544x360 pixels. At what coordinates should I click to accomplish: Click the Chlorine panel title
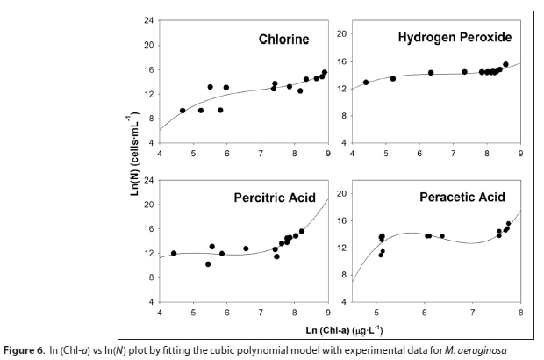pyautogui.click(x=283, y=39)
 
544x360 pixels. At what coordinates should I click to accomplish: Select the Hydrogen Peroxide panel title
pyautogui.click(x=455, y=37)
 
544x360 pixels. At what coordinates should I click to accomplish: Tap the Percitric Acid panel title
pyautogui.click(x=273, y=198)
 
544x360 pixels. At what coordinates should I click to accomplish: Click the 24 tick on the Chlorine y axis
pyautogui.click(x=149, y=20)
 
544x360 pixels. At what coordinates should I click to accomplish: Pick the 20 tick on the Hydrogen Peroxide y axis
pyautogui.click(x=343, y=33)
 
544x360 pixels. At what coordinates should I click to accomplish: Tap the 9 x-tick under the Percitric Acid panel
pyautogui.click(x=328, y=313)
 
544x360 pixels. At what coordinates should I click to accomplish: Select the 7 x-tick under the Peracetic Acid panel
pyautogui.click(x=472, y=313)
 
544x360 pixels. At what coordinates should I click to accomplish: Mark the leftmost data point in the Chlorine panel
pyautogui.click(x=183, y=111)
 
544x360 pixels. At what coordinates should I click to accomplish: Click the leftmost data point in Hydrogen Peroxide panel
pyautogui.click(x=366, y=83)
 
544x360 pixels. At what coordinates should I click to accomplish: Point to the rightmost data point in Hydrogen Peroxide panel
pyautogui.click(x=505, y=64)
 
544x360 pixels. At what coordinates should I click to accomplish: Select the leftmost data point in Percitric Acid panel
pyautogui.click(x=174, y=253)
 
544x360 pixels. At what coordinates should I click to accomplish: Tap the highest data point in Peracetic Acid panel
pyautogui.click(x=508, y=224)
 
